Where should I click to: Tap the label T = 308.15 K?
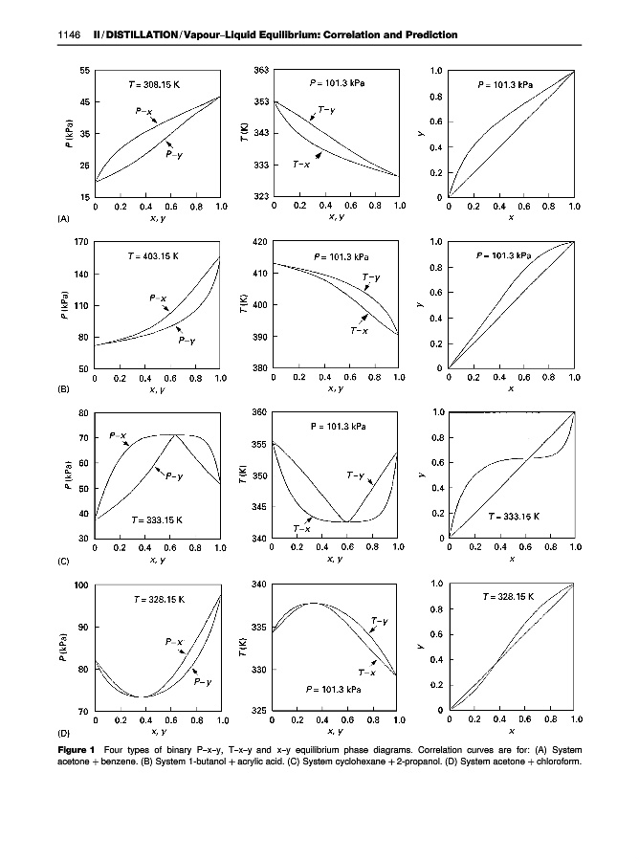click(x=154, y=84)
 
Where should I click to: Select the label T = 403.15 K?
click(x=154, y=256)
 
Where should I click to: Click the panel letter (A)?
click(x=63, y=219)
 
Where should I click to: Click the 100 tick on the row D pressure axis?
click(x=81, y=584)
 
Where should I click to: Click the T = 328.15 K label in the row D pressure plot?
click(x=159, y=599)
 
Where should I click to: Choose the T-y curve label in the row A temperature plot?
click(x=326, y=110)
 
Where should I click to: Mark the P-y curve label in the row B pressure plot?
click(x=188, y=342)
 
